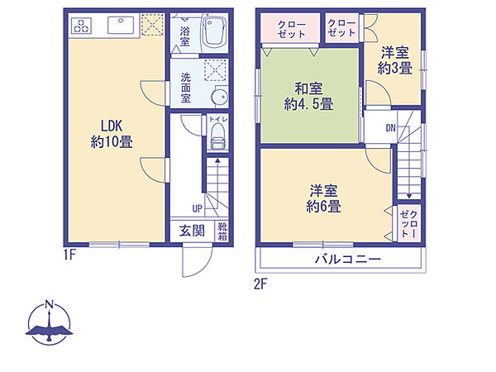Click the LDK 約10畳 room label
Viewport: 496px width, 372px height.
point(112,134)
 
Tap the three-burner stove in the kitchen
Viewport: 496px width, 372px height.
point(82,26)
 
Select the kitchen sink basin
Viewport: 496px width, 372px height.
point(121,25)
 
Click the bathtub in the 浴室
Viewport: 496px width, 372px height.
point(214,32)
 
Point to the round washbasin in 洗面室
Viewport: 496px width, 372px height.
point(219,97)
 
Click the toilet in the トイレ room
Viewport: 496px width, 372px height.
point(217,136)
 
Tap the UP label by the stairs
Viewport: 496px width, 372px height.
point(197,209)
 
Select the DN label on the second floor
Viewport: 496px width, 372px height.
point(391,128)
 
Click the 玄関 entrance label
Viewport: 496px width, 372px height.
point(192,231)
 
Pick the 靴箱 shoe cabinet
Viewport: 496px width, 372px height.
point(222,231)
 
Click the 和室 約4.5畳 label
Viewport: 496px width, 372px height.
point(308,96)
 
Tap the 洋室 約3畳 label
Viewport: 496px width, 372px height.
point(395,60)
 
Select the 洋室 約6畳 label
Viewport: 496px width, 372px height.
point(323,198)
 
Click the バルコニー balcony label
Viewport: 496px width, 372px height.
point(348,260)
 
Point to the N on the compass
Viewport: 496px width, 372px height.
point(49,304)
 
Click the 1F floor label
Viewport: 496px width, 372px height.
point(69,255)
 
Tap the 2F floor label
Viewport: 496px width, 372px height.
point(260,284)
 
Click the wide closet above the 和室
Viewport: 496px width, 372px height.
point(290,28)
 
